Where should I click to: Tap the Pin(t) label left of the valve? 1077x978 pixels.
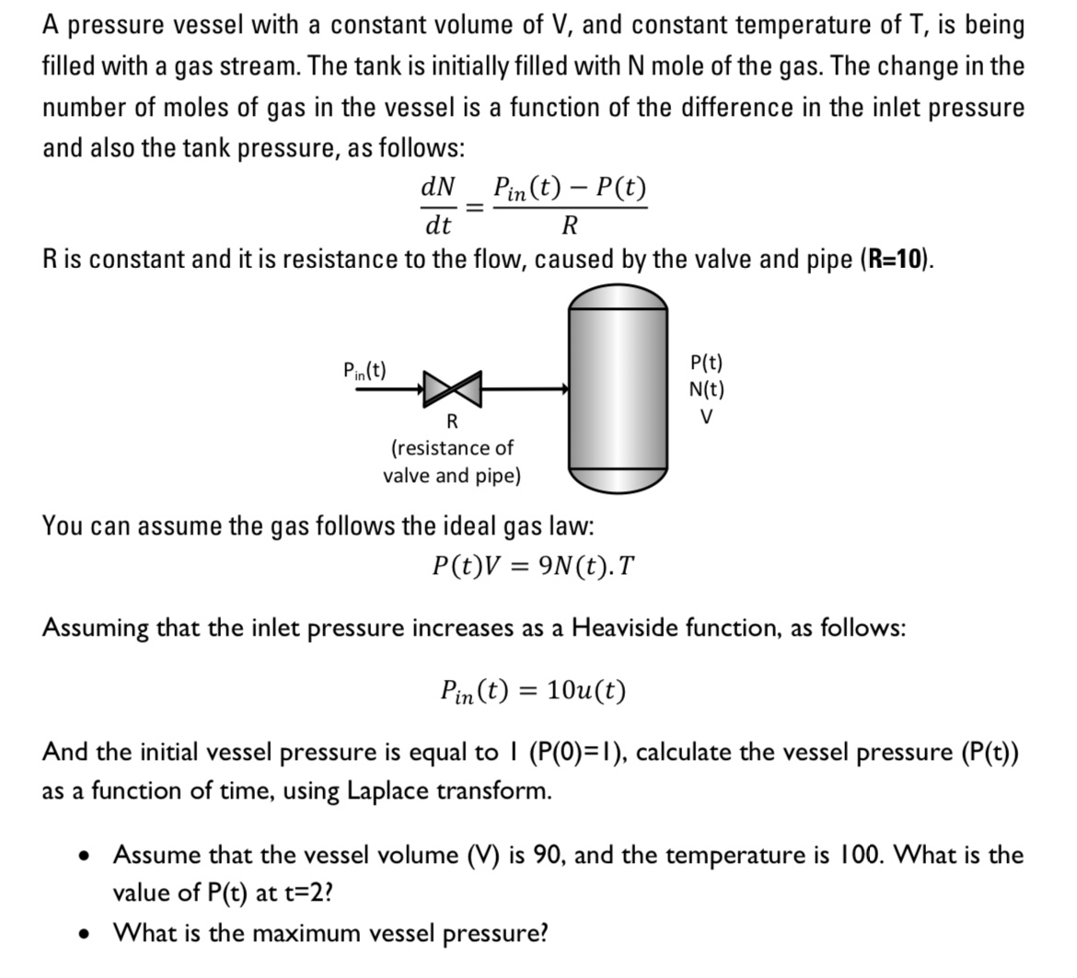tap(365, 371)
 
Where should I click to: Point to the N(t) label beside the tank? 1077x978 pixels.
tap(706, 389)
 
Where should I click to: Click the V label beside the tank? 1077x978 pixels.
tap(706, 417)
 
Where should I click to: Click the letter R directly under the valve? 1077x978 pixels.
tap(452, 422)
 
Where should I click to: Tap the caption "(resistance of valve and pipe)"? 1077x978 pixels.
tap(452, 462)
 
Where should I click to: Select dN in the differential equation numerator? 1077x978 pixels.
tap(437, 187)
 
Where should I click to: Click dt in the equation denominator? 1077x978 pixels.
tap(437, 225)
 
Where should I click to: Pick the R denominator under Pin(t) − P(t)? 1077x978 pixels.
tap(570, 225)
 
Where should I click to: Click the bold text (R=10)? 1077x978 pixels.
tap(897, 259)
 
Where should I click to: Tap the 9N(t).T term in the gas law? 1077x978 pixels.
tap(585, 565)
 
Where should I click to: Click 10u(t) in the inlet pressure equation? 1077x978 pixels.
tap(586, 690)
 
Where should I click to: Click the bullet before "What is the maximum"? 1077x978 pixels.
tap(85, 934)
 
